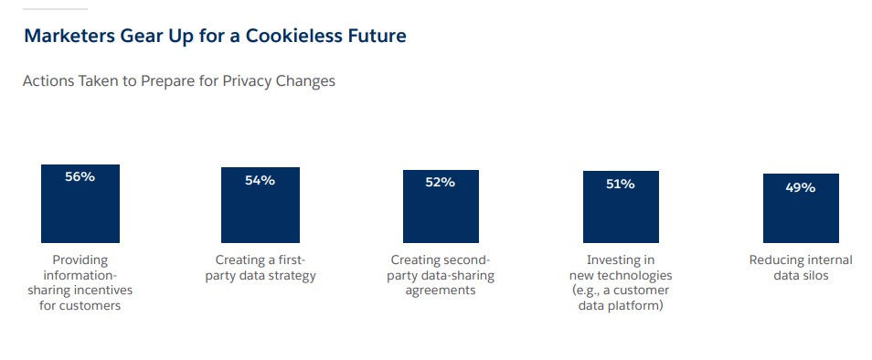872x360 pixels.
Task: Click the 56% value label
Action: [80, 177]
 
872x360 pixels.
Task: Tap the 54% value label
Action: [260, 180]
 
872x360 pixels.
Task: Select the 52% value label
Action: [440, 182]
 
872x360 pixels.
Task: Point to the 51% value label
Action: [620, 184]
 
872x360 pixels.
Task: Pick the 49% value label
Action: [801, 187]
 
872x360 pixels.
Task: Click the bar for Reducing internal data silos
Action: [801, 215]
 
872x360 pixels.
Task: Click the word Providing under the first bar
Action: [80, 260]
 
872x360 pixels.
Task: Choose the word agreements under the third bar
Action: [440, 291]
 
